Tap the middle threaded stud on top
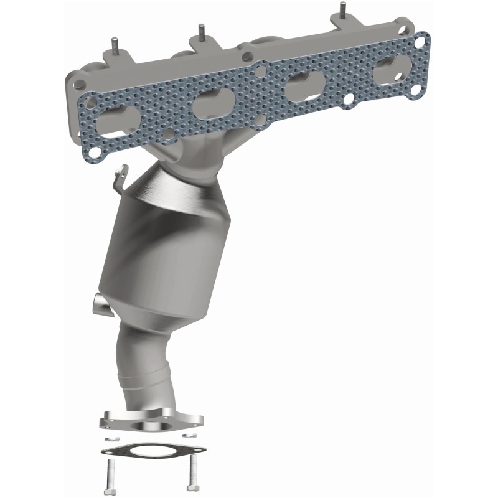point(201,31)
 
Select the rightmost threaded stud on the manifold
point(342,11)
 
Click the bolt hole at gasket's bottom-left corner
point(95,149)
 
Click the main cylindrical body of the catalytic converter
point(165,261)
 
